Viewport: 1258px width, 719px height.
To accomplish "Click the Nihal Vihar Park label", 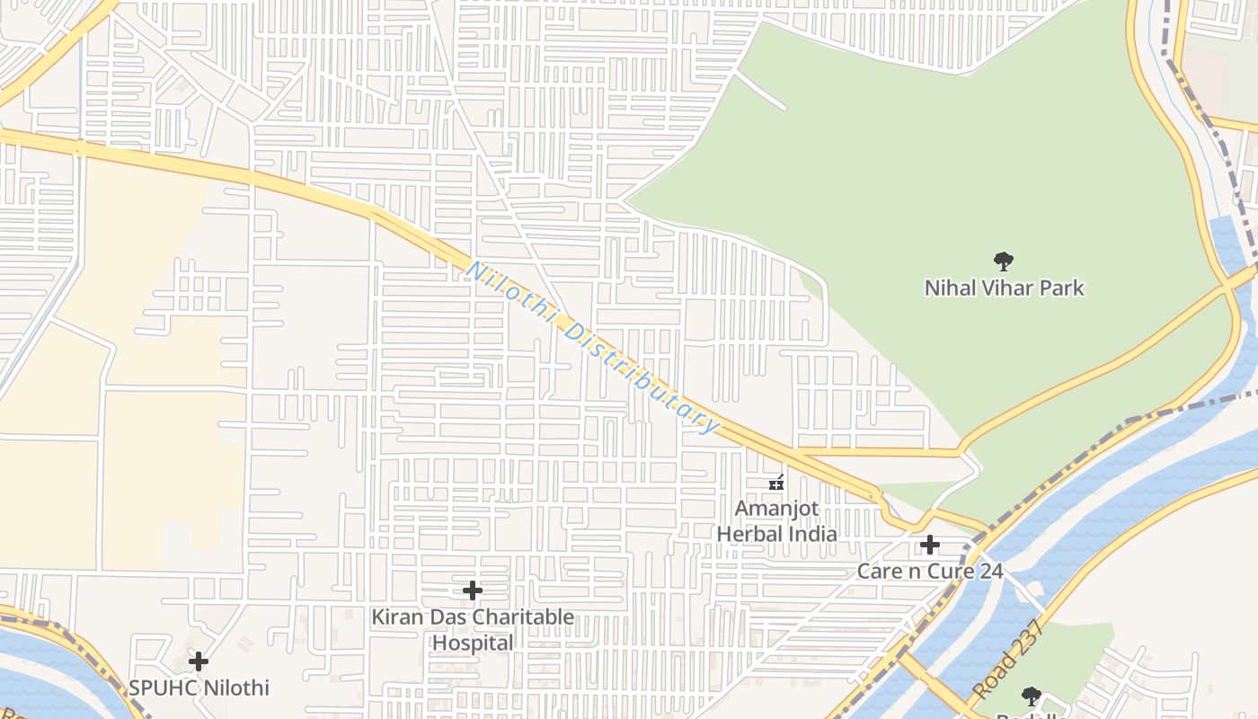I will pyautogui.click(x=1004, y=288).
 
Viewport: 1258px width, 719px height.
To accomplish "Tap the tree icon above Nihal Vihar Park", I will pyautogui.click(x=1004, y=262).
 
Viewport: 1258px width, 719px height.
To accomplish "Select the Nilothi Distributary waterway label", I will pyautogui.click(x=593, y=347).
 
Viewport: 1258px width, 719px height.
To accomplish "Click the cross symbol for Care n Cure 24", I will pyautogui.click(x=930, y=545).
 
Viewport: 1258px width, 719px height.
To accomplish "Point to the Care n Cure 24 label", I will pyautogui.click(x=930, y=571).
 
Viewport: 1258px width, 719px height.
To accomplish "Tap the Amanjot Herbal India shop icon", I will pyautogui.click(x=777, y=483).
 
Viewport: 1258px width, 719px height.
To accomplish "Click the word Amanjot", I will pyautogui.click(x=777, y=509).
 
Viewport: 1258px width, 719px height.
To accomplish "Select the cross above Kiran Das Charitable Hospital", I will pyautogui.click(x=473, y=590).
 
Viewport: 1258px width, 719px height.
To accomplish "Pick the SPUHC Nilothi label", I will pyautogui.click(x=199, y=688).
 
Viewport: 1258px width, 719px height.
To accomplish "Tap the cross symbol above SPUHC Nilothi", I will pyautogui.click(x=199, y=662).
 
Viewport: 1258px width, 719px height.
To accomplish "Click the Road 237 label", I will pyautogui.click(x=997, y=660).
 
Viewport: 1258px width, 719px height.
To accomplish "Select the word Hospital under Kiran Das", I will pyautogui.click(x=473, y=644).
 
